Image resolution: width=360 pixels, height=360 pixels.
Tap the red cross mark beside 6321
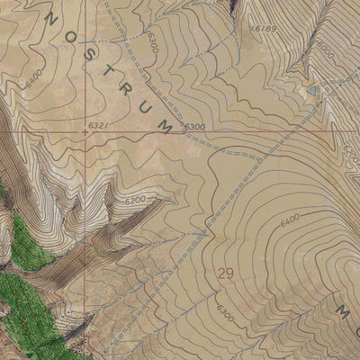coord(85,131)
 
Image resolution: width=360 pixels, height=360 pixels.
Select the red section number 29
coord(227,273)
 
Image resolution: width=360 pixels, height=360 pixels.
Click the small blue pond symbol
coord(312,91)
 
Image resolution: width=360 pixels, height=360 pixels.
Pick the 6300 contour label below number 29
coord(225,316)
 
